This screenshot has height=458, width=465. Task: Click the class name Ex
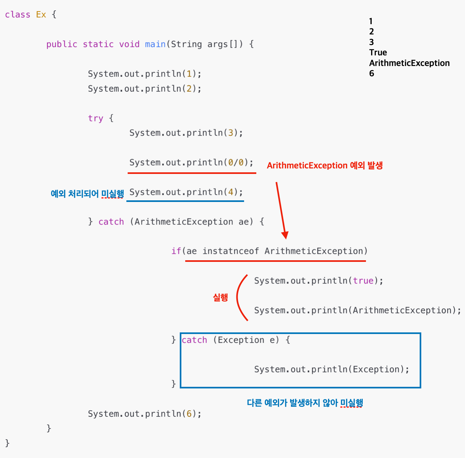(41, 15)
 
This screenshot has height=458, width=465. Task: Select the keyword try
(96, 119)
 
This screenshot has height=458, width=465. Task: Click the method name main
(155, 44)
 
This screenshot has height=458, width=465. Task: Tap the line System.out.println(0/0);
(191, 162)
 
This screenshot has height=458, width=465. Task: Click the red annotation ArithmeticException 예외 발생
(324, 166)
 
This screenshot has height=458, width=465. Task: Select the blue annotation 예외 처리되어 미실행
(87, 194)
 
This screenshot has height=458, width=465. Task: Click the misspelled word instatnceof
(230, 251)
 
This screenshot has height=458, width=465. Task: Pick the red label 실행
(220, 297)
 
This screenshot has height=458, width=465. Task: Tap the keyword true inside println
(363, 281)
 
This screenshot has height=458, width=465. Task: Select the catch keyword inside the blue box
(194, 340)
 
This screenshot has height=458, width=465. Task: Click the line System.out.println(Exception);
(332, 369)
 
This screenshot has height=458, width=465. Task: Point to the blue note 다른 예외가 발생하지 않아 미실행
(305, 403)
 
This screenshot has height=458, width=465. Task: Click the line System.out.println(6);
(145, 414)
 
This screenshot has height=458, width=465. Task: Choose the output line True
(378, 52)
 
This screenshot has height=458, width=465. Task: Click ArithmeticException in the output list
(409, 63)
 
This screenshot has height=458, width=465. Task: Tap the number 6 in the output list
(372, 74)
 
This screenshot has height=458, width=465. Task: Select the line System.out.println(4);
(186, 192)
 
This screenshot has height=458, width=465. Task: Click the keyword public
(62, 44)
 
